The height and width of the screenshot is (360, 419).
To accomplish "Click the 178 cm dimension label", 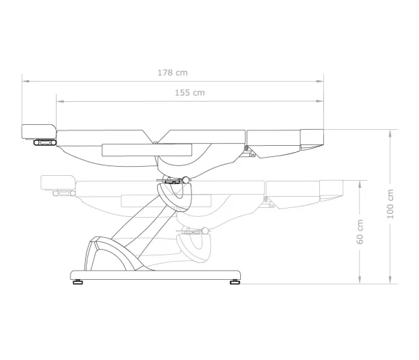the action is pos(172,73).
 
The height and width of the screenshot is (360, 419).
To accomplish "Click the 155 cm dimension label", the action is pos(190,93).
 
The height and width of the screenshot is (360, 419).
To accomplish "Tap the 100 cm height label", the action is pos(390,204).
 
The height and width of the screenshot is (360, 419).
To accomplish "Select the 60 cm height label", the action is pos(360,232).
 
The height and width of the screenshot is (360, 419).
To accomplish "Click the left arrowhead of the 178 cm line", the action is pos(26,81).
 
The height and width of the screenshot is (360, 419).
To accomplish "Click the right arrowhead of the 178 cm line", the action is pos(320,81).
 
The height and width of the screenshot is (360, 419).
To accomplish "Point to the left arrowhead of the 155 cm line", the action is pos(60,101).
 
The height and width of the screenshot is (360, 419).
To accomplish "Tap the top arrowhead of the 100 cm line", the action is pos(390,133).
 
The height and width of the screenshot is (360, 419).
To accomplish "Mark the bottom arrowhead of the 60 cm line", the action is pos(360,280).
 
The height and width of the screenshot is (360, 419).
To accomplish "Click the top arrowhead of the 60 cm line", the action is pos(360,184).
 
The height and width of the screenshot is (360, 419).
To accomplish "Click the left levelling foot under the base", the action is pos(78,282).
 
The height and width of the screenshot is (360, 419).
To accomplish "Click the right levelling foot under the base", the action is pos(235,282).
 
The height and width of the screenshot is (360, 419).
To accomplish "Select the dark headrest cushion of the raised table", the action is pos(38,132).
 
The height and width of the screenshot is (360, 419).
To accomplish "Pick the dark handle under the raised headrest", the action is pos(45,142).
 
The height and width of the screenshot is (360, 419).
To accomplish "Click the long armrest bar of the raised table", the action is pos(147,150).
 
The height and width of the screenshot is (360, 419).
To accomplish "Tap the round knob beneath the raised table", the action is pos(186,180).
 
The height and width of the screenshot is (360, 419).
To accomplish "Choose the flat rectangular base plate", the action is pos(156,275).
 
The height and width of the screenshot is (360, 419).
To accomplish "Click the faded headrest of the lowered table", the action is pos(58,183).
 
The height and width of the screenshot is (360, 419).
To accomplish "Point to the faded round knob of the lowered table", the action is pos(205,231).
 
